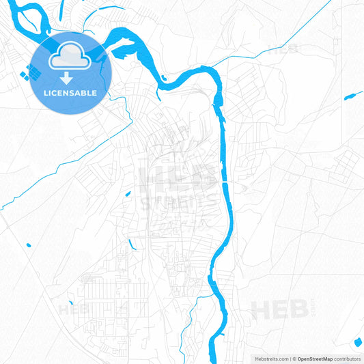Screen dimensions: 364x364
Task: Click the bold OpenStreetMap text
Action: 313,358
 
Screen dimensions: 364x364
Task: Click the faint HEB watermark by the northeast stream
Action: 283,48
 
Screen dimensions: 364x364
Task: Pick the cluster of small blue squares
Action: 31,71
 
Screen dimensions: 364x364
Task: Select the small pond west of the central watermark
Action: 127,194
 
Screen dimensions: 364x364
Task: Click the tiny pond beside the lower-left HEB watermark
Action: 70,303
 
